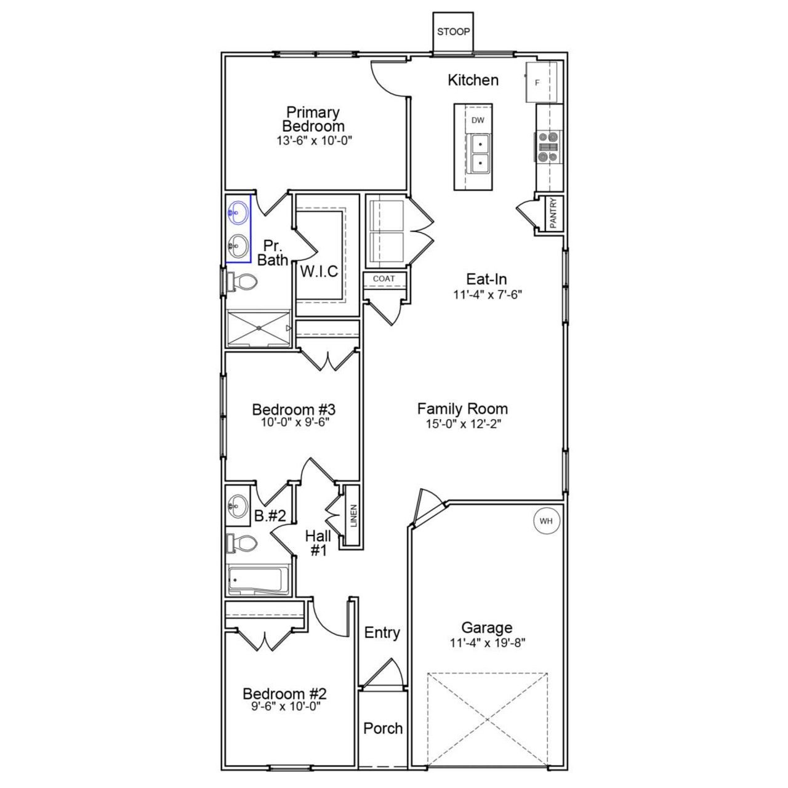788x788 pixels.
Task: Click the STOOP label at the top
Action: coord(453,32)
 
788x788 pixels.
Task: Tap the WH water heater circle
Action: coord(546,521)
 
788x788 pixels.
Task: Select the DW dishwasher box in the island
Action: coord(478,121)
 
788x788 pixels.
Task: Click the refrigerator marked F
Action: coord(541,82)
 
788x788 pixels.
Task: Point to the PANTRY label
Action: coord(553,213)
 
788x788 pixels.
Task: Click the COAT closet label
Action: coord(384,279)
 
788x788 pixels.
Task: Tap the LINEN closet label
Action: coord(353,516)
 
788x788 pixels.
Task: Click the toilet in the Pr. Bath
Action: coord(243,283)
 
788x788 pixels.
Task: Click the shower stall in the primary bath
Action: coord(258,328)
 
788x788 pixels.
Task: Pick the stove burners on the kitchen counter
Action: coord(548,147)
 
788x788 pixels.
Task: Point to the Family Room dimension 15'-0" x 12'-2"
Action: coord(462,424)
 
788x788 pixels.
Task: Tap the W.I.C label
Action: coord(319,271)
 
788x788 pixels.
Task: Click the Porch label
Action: coord(383,728)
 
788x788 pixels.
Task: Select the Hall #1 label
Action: coord(318,543)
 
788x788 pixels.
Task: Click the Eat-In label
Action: coord(486,279)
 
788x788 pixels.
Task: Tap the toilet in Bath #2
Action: coord(243,544)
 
